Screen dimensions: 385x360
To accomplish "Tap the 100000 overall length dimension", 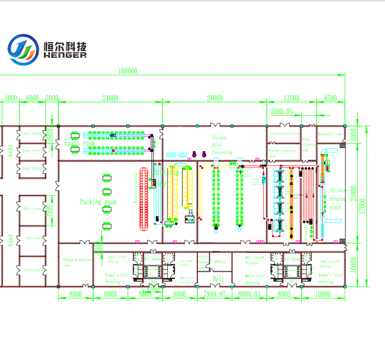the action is pyautogui.click(x=127, y=71).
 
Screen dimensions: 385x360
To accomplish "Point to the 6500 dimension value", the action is pyautogui.click(x=330, y=98).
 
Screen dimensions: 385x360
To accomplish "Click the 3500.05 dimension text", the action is pyautogui.click(x=281, y=111).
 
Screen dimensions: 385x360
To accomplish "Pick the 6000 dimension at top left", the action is pyautogui.click(x=32, y=98).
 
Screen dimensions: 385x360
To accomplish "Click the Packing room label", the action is pyautogui.click(x=98, y=202).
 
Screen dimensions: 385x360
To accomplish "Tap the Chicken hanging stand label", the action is pyautogui.click(x=337, y=198).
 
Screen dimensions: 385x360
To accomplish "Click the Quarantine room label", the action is pyautogui.click(x=329, y=134).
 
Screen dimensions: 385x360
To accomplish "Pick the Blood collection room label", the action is pyautogui.click(x=306, y=144).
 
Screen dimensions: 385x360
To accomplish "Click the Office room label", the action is pyautogui.click(x=220, y=262).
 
